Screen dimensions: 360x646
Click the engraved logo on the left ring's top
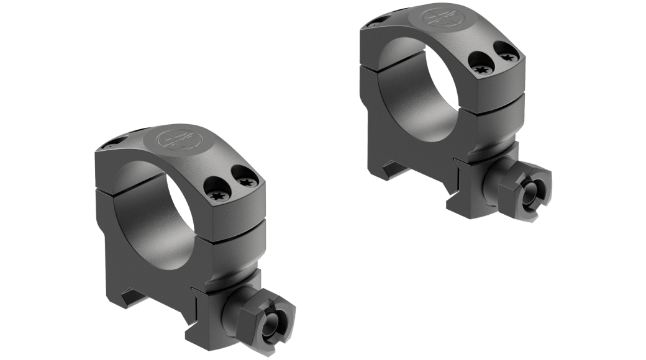coord(176,141)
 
